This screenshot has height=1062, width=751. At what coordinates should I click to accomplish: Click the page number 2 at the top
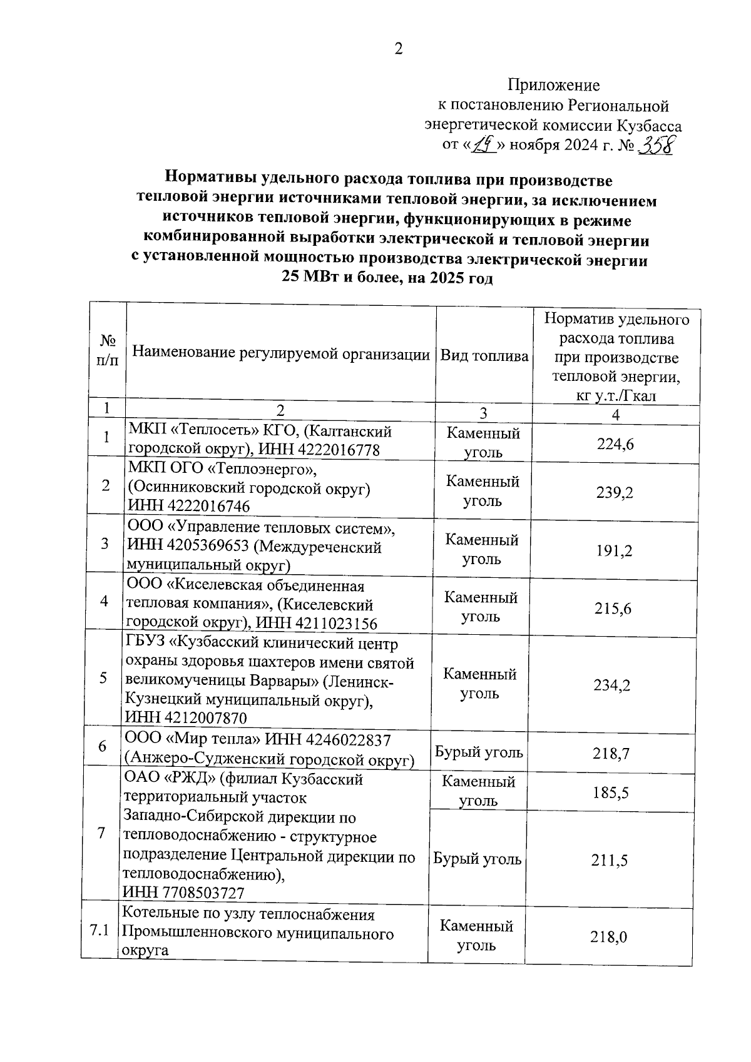(x=399, y=49)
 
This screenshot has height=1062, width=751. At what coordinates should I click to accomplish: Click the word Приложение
(x=553, y=85)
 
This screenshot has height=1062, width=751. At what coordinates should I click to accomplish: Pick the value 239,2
(x=614, y=493)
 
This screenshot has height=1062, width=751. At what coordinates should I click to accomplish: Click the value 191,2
(x=613, y=550)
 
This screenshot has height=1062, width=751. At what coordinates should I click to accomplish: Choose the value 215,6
(x=613, y=608)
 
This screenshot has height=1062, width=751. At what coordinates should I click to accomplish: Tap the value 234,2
(x=611, y=685)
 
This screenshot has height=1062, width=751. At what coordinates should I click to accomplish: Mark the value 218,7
(x=611, y=753)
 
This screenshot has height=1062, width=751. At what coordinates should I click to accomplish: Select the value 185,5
(x=610, y=793)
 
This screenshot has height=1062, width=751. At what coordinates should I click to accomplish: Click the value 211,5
(x=610, y=861)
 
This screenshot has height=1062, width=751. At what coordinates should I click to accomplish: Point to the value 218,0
(x=608, y=937)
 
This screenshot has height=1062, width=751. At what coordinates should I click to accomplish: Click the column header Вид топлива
(x=484, y=356)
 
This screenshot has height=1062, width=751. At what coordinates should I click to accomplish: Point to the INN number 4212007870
(x=203, y=717)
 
